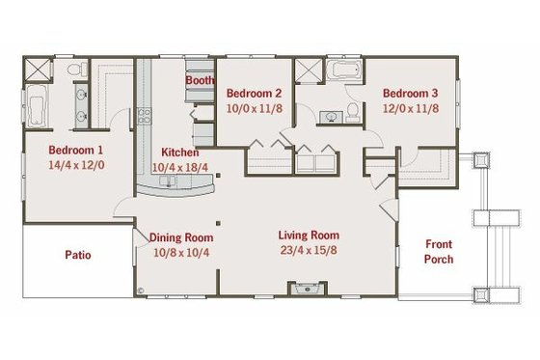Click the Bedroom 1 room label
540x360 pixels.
point(76,151)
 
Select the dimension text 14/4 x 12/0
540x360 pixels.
point(76,166)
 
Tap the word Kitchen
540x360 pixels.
point(180,152)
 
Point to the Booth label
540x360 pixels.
point(200,81)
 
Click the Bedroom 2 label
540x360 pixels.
point(254,94)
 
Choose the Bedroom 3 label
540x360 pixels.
point(410,94)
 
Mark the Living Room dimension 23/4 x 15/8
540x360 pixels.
point(309,251)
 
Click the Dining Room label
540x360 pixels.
point(181,236)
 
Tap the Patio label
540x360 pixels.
point(78,256)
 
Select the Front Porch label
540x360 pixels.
point(439,252)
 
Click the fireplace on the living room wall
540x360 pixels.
point(308,288)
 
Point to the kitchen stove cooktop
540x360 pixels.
point(146,119)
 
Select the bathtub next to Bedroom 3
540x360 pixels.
point(342,71)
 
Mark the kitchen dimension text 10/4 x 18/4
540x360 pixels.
point(180,167)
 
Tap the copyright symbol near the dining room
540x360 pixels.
point(140,288)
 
